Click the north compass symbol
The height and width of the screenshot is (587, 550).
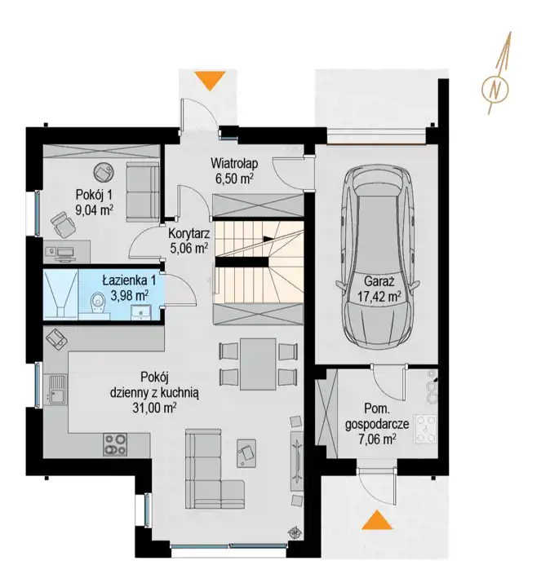(x=495, y=89)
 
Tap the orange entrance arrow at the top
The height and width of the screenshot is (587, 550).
(x=211, y=81)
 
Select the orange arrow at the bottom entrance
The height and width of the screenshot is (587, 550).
(x=377, y=519)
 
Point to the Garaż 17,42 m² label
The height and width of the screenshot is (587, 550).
(x=379, y=289)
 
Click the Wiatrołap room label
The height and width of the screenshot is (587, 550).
(x=234, y=164)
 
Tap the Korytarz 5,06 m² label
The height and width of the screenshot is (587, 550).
(x=189, y=241)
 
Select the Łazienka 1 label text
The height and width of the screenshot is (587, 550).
(x=129, y=280)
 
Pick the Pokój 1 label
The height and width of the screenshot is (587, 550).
(x=94, y=195)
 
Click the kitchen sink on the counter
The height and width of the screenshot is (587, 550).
(x=57, y=390)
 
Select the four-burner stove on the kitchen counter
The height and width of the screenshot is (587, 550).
(x=115, y=444)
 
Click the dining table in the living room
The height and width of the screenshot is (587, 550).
(x=258, y=364)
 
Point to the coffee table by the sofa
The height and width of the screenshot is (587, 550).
(x=246, y=453)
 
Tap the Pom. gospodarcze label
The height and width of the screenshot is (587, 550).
(x=377, y=417)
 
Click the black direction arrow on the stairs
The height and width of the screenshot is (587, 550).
(x=268, y=239)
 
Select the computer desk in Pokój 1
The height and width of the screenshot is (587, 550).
(x=67, y=252)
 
